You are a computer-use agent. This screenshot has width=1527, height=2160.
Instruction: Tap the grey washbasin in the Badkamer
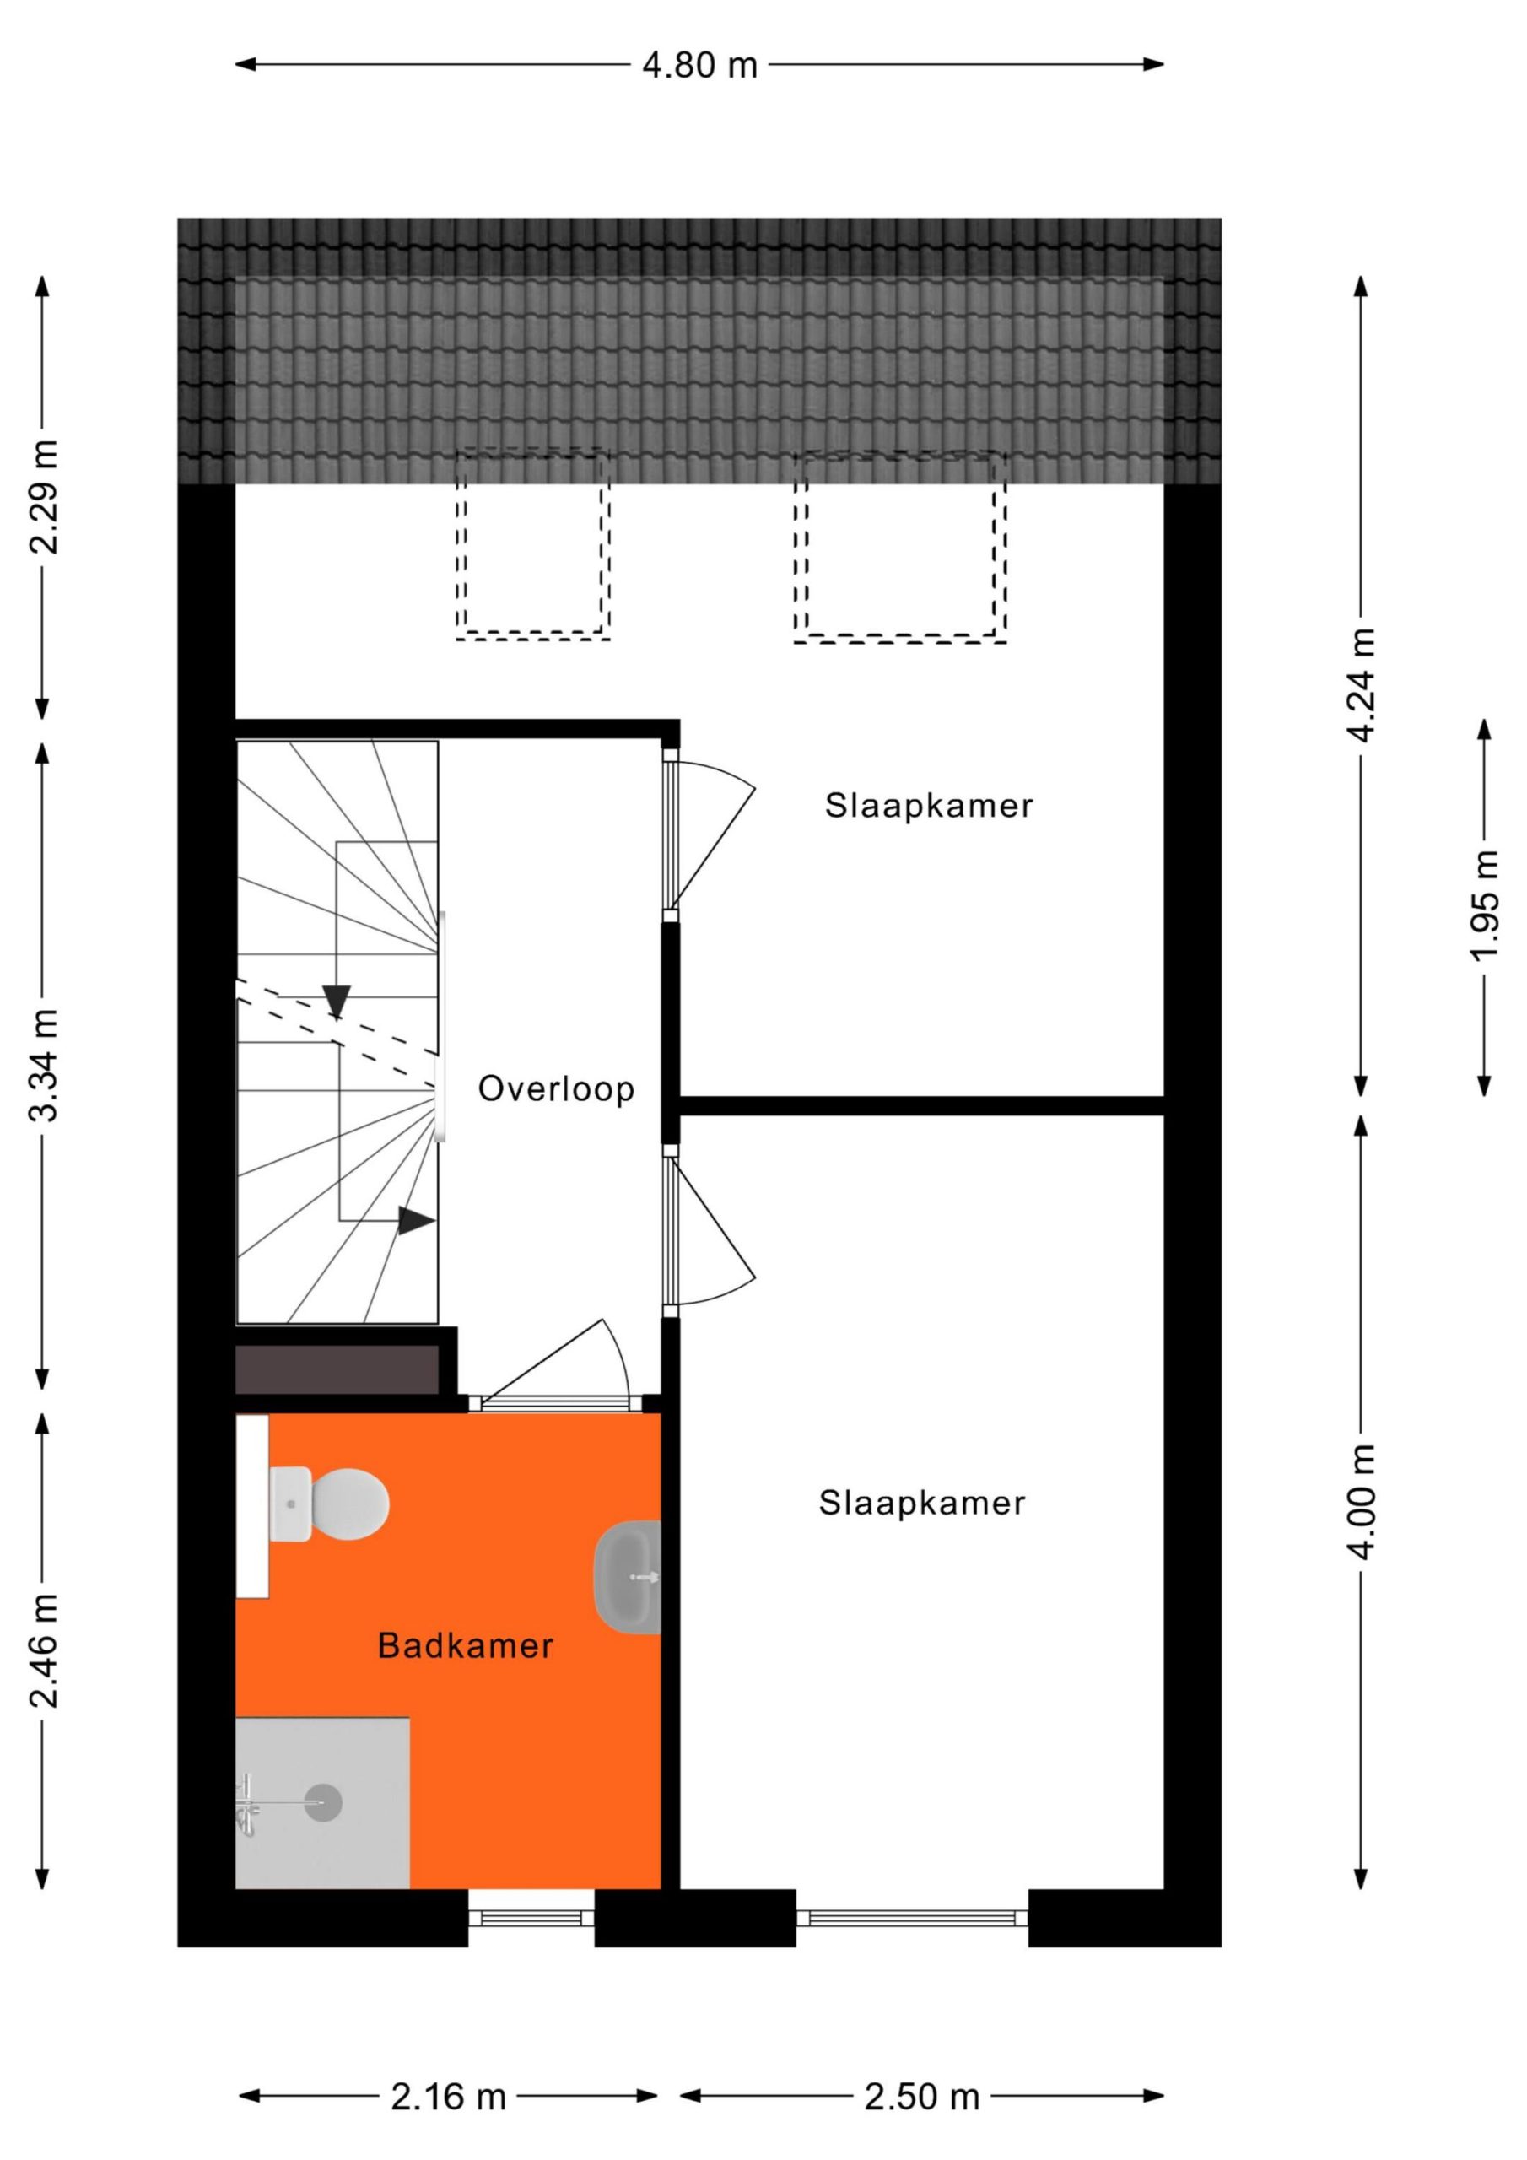[628, 1577]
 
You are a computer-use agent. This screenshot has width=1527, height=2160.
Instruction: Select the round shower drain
[323, 1803]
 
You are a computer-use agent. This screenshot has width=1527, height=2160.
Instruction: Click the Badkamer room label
[465, 1645]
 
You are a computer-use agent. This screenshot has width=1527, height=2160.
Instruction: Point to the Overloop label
[556, 1088]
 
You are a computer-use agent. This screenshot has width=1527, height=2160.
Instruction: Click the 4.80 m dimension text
[699, 65]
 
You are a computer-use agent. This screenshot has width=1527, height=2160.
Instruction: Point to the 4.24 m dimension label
[1362, 685]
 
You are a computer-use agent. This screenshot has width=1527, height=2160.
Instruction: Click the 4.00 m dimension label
[1362, 1502]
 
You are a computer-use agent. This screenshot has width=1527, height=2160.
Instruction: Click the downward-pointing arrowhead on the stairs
[336, 1001]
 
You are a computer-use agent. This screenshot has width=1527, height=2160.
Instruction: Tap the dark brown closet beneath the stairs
[337, 1369]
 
